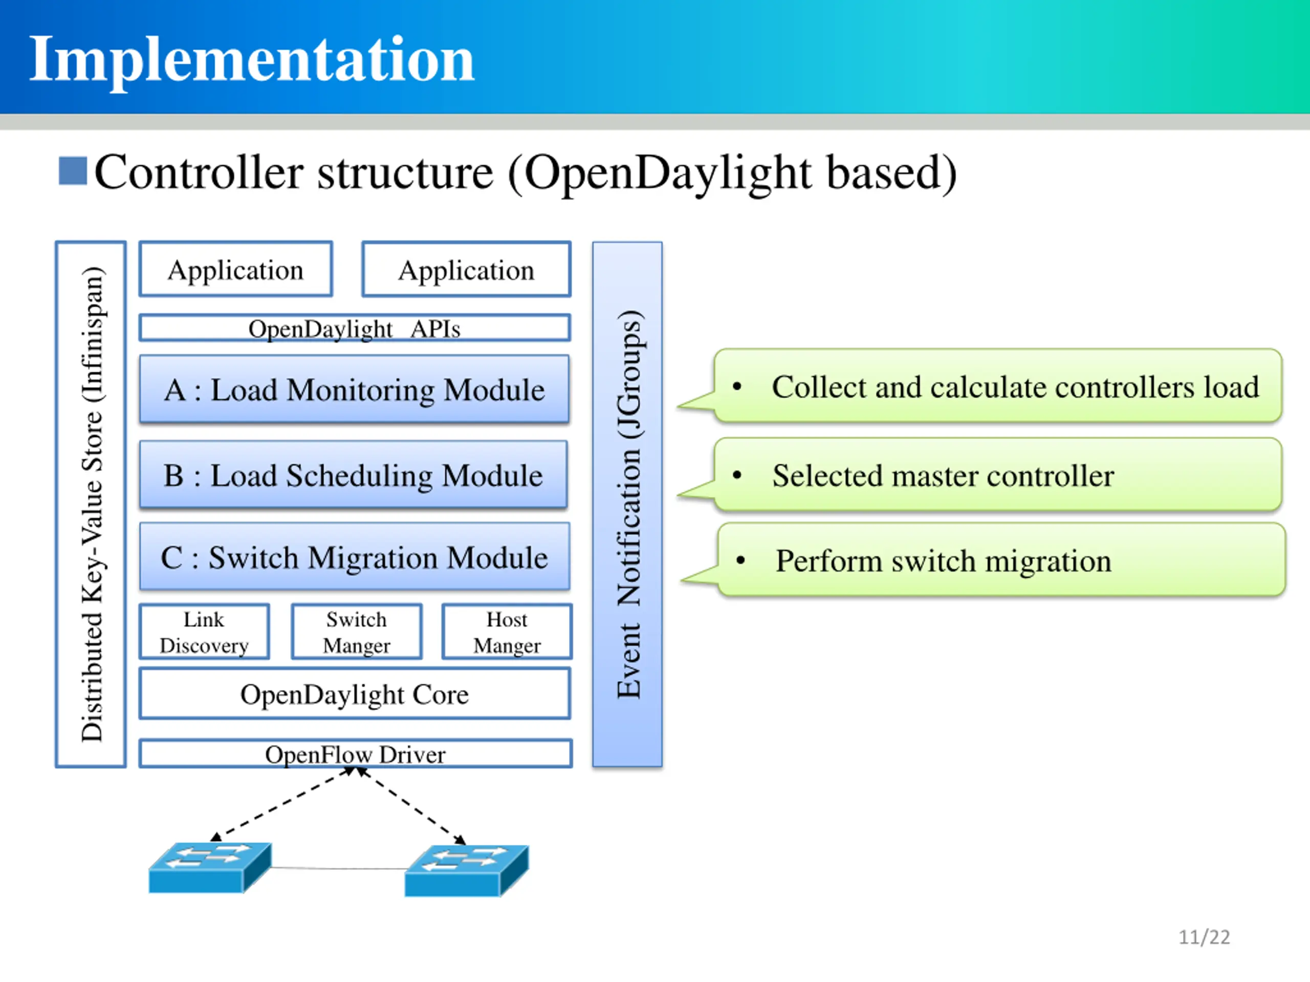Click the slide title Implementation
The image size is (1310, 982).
tap(252, 59)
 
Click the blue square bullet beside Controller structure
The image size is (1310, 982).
tap(73, 171)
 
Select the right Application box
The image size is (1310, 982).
tap(467, 270)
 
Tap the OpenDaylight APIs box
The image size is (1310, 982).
tap(355, 328)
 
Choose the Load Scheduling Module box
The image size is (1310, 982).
tap(354, 475)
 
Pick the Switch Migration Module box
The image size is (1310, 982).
tap(355, 557)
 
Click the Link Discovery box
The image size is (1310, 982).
tap(204, 632)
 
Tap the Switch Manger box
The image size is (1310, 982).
tap(357, 632)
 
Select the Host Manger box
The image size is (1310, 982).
tap(507, 632)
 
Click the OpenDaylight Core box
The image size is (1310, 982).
tap(355, 694)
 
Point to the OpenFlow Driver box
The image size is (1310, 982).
tap(355, 753)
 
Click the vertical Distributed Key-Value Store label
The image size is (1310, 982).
tap(92, 504)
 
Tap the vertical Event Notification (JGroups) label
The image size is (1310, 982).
tap(628, 504)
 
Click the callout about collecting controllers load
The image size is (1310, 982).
tap(998, 387)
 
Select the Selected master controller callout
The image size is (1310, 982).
tap(998, 475)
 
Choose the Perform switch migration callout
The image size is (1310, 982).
tap(1001, 560)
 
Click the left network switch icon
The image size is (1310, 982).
tap(210, 867)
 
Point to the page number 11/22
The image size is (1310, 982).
tap(1204, 937)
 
